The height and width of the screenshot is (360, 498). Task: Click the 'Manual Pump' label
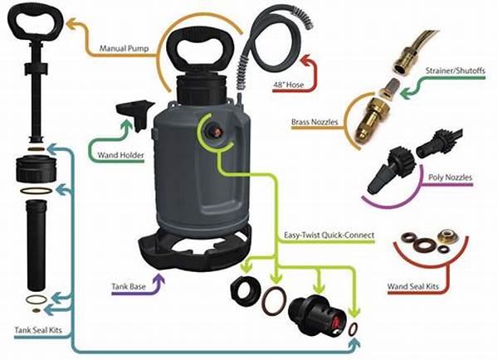(124, 49)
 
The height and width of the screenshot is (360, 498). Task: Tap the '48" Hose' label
(288, 85)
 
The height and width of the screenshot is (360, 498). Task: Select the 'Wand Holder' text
(120, 155)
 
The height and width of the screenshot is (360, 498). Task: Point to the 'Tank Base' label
(129, 287)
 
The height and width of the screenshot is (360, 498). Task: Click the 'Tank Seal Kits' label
(38, 330)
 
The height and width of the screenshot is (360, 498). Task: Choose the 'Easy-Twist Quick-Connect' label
(329, 236)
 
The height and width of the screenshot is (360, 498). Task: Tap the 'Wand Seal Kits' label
(413, 287)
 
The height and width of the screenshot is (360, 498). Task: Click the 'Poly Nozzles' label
(450, 178)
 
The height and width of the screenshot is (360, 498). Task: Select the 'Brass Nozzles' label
(315, 122)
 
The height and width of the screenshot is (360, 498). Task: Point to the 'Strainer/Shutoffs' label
(456, 71)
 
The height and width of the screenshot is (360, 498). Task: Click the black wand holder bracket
(135, 114)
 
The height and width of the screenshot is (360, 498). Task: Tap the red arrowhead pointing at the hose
(307, 60)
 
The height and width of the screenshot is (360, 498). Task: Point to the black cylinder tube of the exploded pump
(36, 245)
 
